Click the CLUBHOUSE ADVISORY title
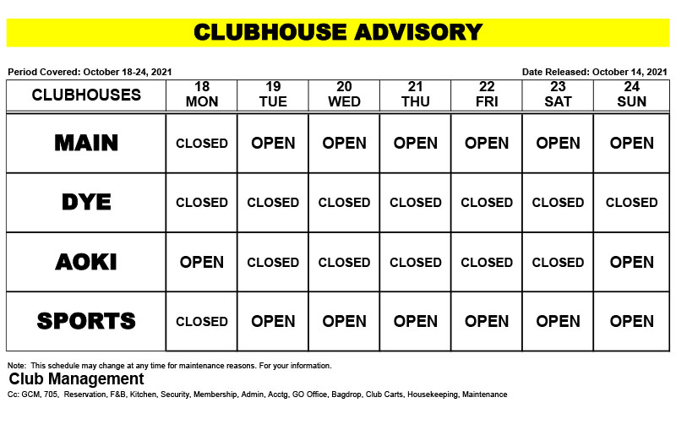point(338,32)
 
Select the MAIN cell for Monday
point(202,144)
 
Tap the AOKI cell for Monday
point(202,262)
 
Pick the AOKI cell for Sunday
point(631,262)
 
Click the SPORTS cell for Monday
point(202,321)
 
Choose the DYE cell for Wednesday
point(344,203)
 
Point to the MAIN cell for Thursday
point(416,144)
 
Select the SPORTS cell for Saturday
point(559,321)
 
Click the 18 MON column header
point(202,95)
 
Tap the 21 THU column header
point(416,95)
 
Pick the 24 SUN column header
point(631,95)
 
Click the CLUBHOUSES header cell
point(86,95)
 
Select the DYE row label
point(86,203)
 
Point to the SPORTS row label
point(86,321)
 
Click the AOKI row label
point(86,262)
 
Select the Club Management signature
point(77,379)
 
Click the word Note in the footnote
point(17,366)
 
